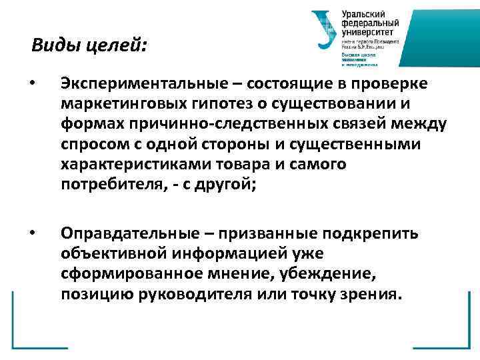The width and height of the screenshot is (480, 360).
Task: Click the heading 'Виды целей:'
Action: click(x=89, y=46)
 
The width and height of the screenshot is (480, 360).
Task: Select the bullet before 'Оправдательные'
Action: click(x=33, y=233)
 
